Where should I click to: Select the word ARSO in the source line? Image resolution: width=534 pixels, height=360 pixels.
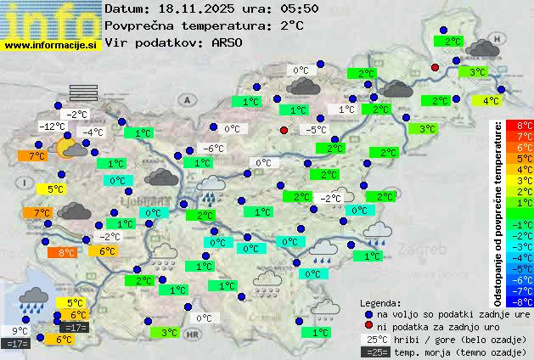[x=228, y=42]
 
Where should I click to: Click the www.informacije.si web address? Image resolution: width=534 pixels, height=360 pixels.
[x=50, y=44]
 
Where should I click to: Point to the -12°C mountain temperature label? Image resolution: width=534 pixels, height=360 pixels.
[x=52, y=127]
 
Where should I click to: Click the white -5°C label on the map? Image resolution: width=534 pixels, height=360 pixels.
[x=316, y=130]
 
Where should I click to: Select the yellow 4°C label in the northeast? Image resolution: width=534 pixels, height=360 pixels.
[x=490, y=101]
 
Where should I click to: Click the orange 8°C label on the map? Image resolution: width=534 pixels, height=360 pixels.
[x=65, y=252]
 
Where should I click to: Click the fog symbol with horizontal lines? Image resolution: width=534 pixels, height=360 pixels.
[x=84, y=93]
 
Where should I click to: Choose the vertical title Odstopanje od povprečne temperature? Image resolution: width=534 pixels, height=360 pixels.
[x=498, y=213]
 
